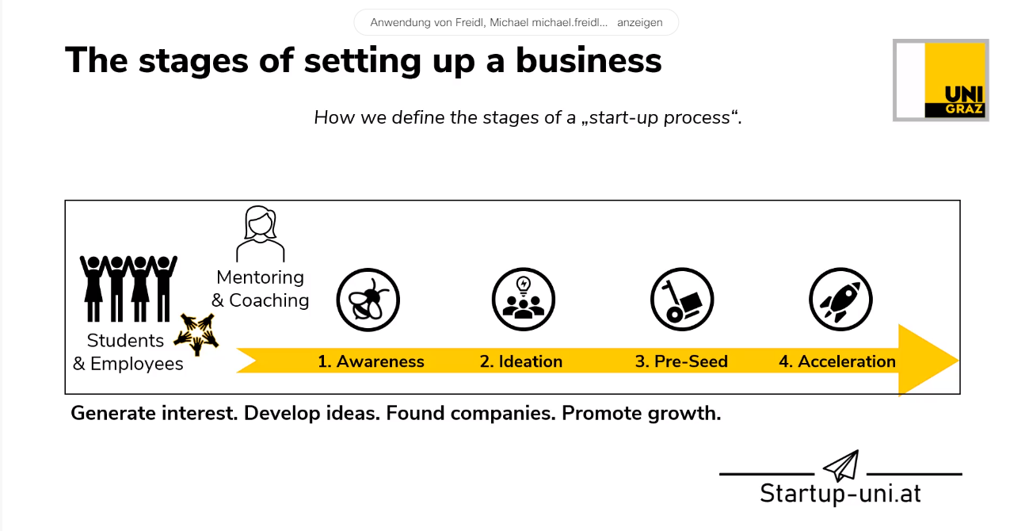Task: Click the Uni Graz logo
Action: [941, 80]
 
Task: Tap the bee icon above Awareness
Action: [368, 300]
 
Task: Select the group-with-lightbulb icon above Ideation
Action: [524, 300]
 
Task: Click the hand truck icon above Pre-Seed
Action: [682, 300]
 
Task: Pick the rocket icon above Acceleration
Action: [840, 300]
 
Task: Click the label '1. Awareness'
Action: [371, 361]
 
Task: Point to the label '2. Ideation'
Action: [521, 361]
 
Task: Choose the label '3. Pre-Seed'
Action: [681, 361]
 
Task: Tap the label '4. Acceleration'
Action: [837, 361]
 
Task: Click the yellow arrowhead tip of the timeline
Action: [958, 361]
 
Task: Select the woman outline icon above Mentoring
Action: [261, 234]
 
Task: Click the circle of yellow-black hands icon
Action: [196, 334]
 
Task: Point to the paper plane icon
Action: [840, 465]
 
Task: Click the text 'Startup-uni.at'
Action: [840, 493]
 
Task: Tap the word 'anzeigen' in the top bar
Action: [639, 22]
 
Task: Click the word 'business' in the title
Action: [589, 60]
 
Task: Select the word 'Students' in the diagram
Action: [125, 341]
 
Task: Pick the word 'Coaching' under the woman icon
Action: [269, 300]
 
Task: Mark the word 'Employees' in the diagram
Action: [136, 364]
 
